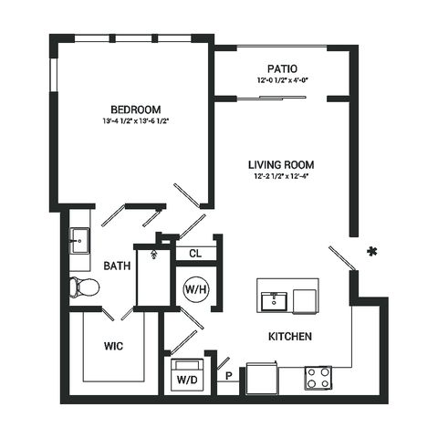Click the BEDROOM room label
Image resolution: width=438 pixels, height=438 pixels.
(136, 109)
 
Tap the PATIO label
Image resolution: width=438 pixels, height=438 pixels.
(282, 68)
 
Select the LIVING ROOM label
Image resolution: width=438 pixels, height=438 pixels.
(281, 165)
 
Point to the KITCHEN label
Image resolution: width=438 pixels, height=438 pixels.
(290, 337)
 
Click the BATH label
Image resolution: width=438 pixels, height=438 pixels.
(117, 266)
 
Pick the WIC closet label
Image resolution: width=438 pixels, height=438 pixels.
(113, 346)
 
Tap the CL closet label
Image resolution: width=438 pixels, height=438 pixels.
(195, 254)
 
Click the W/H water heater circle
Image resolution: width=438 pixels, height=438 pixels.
(196, 289)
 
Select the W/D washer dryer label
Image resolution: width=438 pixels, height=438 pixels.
(187, 380)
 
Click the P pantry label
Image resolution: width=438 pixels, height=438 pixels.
(229, 376)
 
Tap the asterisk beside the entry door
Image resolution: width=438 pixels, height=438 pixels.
(372, 252)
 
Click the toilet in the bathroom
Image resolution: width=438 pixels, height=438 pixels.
(84, 287)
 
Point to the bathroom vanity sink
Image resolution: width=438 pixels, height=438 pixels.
(79, 241)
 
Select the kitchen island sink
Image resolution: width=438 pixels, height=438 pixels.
(274, 301)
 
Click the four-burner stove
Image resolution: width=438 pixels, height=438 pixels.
(318, 378)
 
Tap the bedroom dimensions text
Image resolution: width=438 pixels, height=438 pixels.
(136, 121)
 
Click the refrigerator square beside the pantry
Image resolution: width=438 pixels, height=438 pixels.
(262, 378)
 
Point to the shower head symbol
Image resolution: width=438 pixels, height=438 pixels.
(154, 254)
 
